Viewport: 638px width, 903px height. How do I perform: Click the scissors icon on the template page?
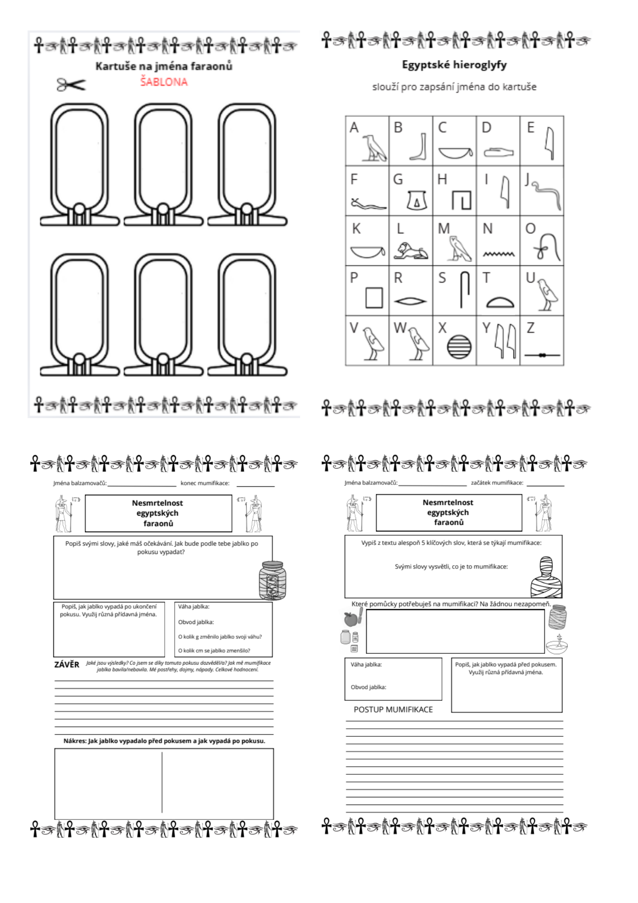coord(71,84)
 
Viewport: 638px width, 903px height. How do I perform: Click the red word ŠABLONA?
coord(163,82)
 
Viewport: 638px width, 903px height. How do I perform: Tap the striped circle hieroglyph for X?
coord(459,347)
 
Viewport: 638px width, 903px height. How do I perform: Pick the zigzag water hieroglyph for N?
coord(499,254)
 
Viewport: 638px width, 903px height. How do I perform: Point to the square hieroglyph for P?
coord(374,298)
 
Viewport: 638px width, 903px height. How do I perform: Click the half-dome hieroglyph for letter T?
coord(500,302)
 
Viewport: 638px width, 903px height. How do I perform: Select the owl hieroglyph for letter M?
coord(459,249)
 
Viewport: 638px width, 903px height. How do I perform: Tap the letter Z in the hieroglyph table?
coord(531,328)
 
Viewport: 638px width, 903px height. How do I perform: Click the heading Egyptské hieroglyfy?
coord(454,65)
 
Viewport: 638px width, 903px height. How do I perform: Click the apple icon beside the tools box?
coord(351,619)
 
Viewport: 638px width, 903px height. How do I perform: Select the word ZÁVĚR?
coord(67,665)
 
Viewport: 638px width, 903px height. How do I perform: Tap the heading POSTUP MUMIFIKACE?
coord(393,709)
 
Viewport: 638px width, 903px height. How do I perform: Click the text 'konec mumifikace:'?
coord(205,483)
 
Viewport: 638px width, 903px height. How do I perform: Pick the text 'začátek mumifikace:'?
coord(497,483)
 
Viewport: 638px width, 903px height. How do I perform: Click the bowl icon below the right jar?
coord(557,646)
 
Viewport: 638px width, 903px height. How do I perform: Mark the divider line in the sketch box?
coord(162,782)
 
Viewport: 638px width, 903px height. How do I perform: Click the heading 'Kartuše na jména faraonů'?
coord(164,66)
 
